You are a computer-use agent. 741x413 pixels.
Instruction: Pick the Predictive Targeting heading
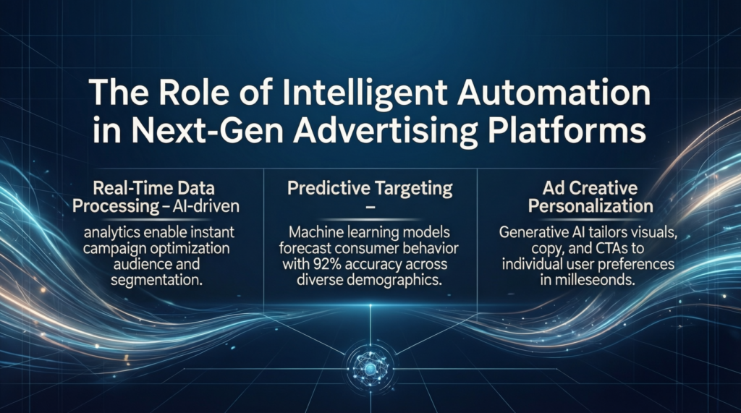[370, 190]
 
